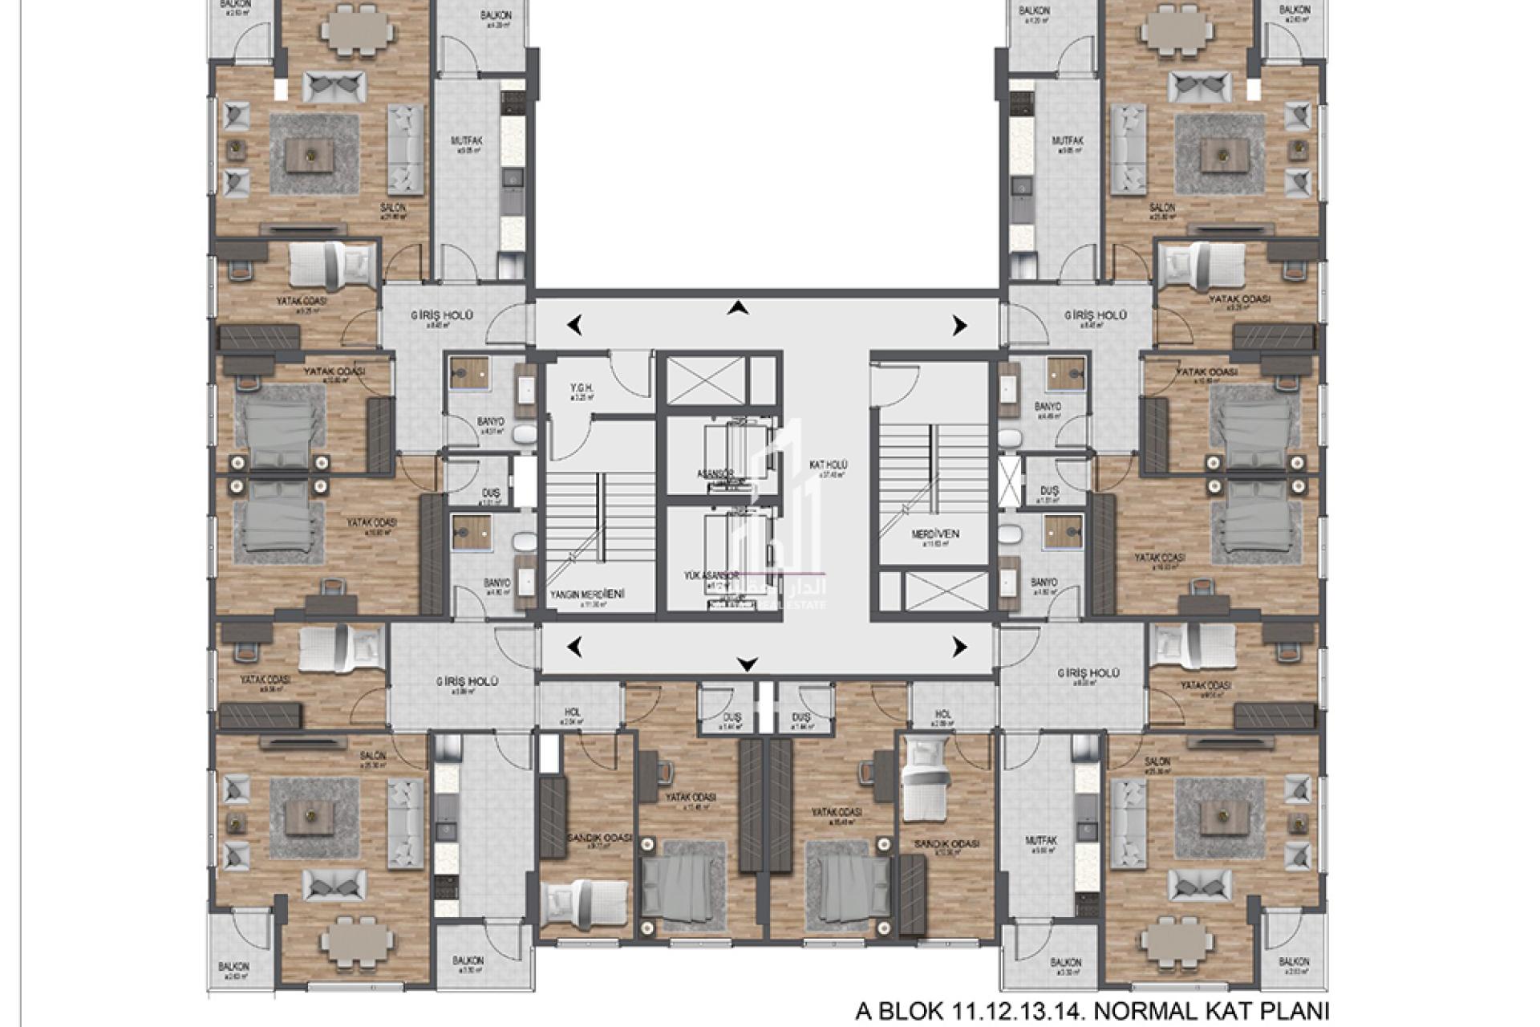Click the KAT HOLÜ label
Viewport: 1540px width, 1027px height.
(829, 465)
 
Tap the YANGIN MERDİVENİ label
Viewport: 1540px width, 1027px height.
(588, 595)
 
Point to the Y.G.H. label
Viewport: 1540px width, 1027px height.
(582, 388)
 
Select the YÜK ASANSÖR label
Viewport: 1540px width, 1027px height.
(711, 576)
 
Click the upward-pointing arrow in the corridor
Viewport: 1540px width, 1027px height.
(739, 308)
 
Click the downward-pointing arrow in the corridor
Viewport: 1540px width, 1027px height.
(748, 664)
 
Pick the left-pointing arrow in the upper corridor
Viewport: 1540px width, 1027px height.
(574, 325)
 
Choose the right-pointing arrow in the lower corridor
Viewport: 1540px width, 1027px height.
(959, 647)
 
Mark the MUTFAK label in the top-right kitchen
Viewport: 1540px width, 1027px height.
(1068, 141)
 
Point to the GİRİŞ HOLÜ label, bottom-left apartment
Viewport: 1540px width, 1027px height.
(468, 681)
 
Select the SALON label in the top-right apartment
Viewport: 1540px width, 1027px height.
(1161, 208)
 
